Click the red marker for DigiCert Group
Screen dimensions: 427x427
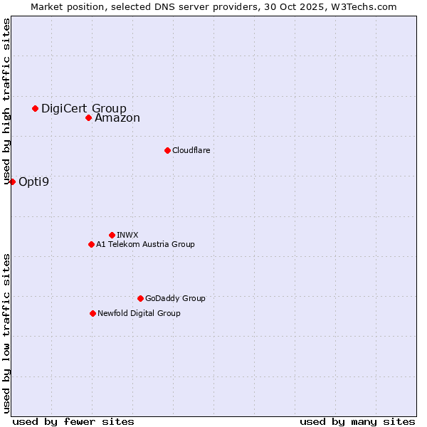(35, 108)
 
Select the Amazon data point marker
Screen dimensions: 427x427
(88, 117)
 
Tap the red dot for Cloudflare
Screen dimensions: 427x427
(167, 150)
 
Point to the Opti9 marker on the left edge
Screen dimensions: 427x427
(12, 181)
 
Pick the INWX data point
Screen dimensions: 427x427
(112, 235)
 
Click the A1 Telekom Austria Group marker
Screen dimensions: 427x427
(91, 244)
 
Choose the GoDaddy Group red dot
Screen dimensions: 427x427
(140, 298)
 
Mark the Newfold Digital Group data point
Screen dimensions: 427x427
(93, 313)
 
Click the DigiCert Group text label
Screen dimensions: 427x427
(83, 109)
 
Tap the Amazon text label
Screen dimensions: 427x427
(117, 118)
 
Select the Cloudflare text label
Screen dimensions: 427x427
(191, 150)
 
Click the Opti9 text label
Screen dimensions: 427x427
(33, 181)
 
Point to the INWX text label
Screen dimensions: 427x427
(127, 235)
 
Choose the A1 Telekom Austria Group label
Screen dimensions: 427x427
(145, 244)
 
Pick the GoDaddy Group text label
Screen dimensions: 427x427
(175, 298)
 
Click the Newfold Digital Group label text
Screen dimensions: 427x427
(139, 313)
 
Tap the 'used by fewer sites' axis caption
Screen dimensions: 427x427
(73, 421)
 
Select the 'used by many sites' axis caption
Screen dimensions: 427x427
(357, 421)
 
